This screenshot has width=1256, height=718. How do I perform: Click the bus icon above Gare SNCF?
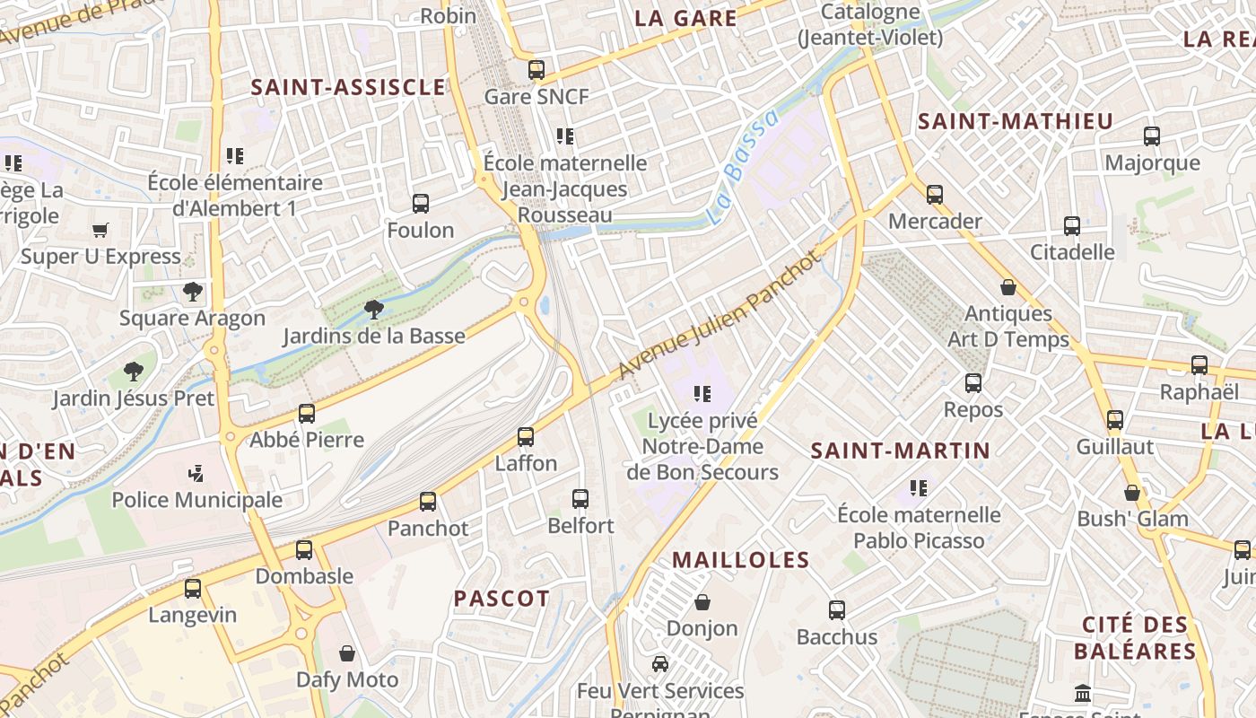tap(536, 69)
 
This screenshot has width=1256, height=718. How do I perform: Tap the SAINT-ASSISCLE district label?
tap(348, 87)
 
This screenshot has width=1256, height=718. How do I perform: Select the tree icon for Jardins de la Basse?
tap(374, 310)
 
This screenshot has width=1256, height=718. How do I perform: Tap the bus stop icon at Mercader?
tap(935, 194)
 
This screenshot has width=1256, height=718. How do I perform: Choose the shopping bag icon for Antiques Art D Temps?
tap(1008, 287)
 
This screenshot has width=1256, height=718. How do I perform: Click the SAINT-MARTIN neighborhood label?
tap(900, 451)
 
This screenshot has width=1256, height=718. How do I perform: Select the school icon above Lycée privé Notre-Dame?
tap(702, 393)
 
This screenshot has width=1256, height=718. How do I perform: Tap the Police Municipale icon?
tap(196, 473)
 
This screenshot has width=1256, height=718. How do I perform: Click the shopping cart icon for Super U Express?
tap(100, 230)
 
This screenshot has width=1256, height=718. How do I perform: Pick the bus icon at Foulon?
tap(421, 204)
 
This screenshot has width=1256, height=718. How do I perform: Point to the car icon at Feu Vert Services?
tap(660, 664)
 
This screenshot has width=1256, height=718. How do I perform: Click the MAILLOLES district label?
tap(741, 560)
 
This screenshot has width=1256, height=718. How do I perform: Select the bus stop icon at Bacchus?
tap(837, 610)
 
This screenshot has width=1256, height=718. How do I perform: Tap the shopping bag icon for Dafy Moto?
tap(347, 653)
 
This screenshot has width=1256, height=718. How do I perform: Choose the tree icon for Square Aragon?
tap(192, 291)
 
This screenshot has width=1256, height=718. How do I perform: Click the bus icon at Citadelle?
tap(1072, 225)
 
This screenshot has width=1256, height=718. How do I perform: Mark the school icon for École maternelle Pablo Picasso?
tap(919, 488)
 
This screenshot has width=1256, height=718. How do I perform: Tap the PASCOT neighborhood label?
tap(502, 599)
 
